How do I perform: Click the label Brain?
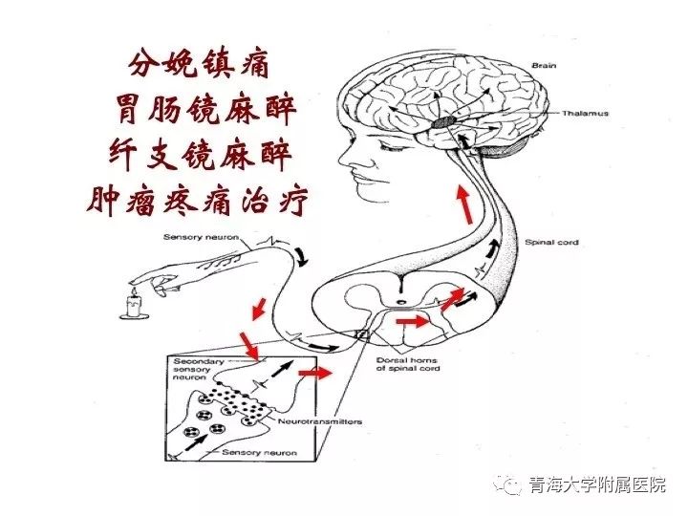[x=544, y=66]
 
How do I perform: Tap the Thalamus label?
[x=586, y=113]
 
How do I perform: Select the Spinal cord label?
[x=551, y=242]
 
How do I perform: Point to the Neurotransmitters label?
[x=320, y=421]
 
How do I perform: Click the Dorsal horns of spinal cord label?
[x=408, y=364]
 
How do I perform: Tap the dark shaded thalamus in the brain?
[x=443, y=122]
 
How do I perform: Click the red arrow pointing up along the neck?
[x=465, y=204]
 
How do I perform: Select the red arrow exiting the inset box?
[x=314, y=374]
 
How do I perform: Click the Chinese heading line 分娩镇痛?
[x=199, y=66]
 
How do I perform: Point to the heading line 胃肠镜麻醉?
[x=205, y=110]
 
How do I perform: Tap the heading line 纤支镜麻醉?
[x=200, y=154]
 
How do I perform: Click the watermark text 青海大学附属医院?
[x=597, y=484]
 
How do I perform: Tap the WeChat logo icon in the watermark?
[x=507, y=484]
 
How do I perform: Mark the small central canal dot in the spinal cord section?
[x=400, y=302]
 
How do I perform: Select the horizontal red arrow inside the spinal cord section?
[x=412, y=322]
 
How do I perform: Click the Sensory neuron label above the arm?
[x=201, y=237]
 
